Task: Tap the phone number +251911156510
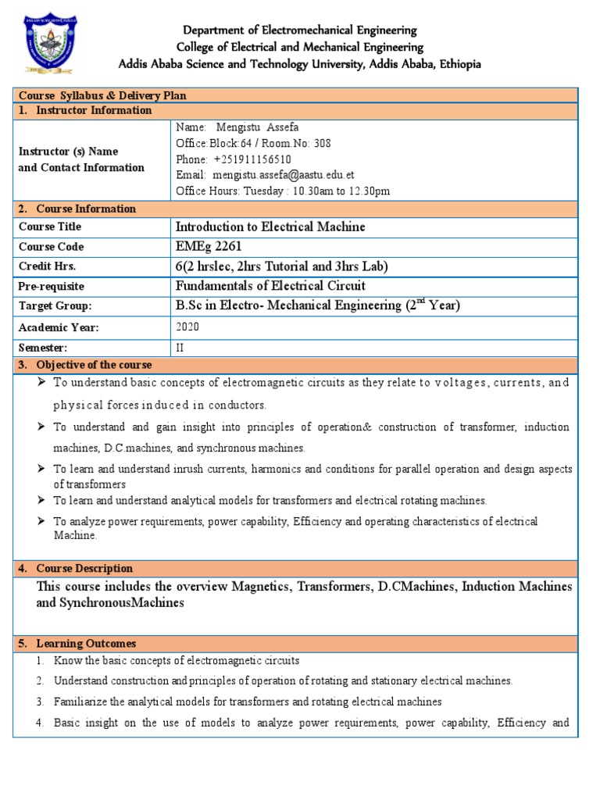pyautogui.click(x=251, y=159)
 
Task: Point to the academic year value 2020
pyautogui.click(x=188, y=328)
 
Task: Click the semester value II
pyautogui.click(x=180, y=347)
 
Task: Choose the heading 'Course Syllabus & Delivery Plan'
pyautogui.click(x=102, y=95)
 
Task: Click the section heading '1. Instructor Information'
pyautogui.click(x=85, y=110)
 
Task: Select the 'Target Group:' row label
pyautogui.click(x=55, y=307)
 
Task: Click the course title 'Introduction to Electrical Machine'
pyautogui.click(x=270, y=227)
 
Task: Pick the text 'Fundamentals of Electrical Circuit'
pyautogui.click(x=270, y=286)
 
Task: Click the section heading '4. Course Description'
pyautogui.click(x=76, y=568)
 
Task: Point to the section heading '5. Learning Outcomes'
pyautogui.click(x=77, y=643)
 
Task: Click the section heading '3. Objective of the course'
pyautogui.click(x=85, y=365)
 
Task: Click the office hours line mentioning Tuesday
pyautogui.click(x=283, y=191)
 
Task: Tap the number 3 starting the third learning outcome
pyautogui.click(x=39, y=702)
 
